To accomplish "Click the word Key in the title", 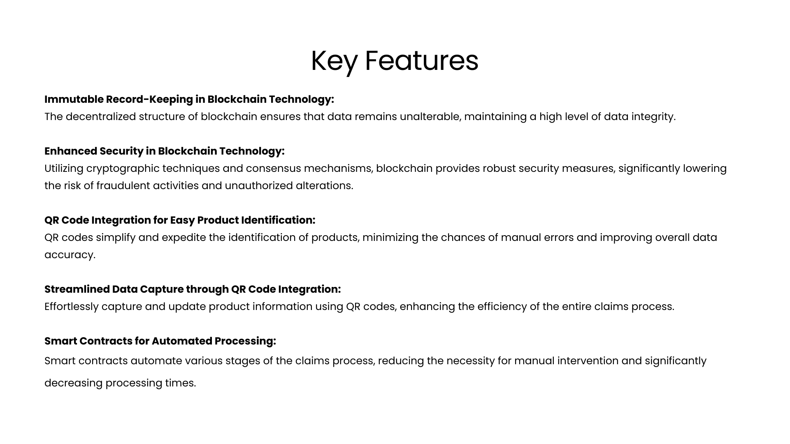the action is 334,62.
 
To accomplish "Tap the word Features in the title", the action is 422,61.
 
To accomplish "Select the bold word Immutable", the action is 74,99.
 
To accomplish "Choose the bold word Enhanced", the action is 70,151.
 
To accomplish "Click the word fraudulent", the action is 123,185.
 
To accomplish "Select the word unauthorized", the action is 259,185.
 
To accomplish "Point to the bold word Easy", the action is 182,220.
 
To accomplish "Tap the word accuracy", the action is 70,255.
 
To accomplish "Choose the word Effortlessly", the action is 72,307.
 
